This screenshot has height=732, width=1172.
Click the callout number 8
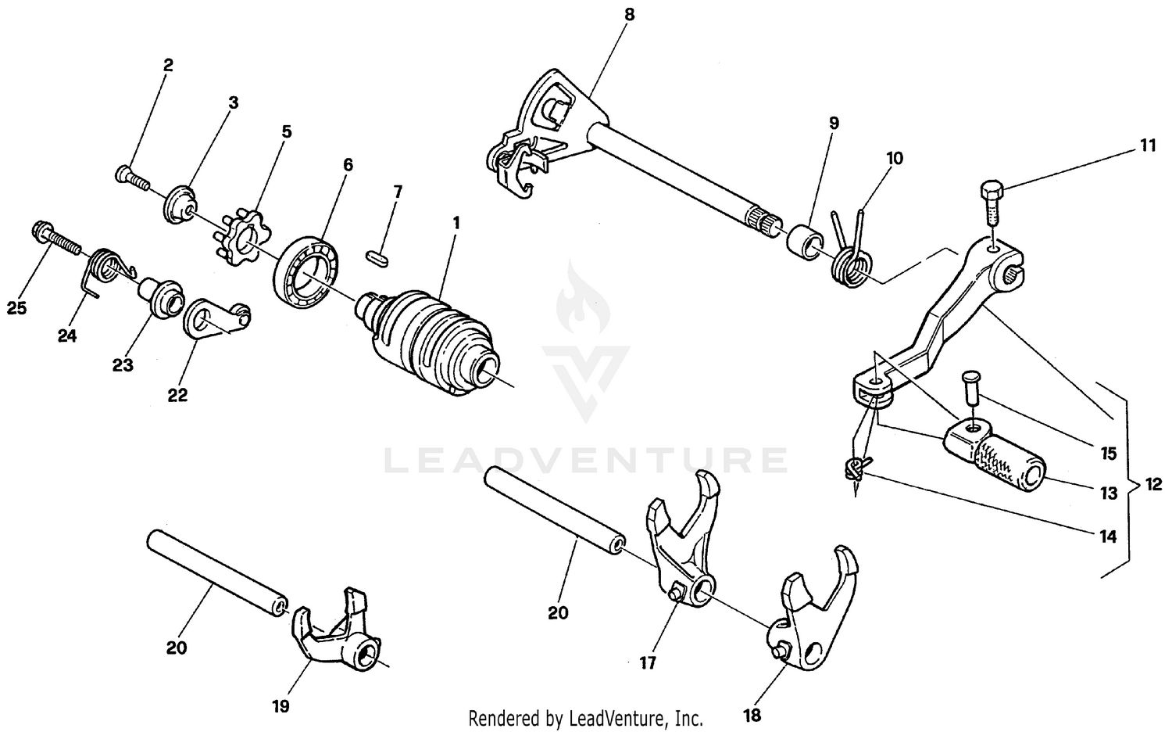click(x=630, y=15)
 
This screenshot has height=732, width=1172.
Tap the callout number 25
click(x=16, y=308)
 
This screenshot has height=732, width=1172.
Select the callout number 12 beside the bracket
click(x=1153, y=484)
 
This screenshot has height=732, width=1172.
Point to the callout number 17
click(x=648, y=663)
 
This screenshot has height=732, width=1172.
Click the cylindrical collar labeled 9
click(x=803, y=239)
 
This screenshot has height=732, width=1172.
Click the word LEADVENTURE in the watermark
click(x=586, y=460)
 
